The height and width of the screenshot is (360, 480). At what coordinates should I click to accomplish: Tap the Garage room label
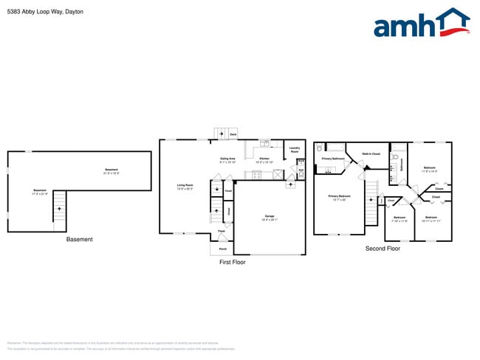pyautogui.click(x=270, y=217)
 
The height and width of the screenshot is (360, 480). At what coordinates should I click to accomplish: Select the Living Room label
pyautogui.click(x=185, y=186)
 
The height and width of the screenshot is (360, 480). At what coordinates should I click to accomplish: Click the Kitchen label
pyautogui.click(x=264, y=159)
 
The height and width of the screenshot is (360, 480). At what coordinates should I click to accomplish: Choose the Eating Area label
pyautogui.click(x=227, y=159)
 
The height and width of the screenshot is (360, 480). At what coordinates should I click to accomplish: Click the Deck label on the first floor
pyautogui.click(x=233, y=134)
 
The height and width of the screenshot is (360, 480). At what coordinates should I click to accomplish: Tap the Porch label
pyautogui.click(x=222, y=249)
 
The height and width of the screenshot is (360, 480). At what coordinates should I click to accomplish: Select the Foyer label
pyautogui.click(x=222, y=232)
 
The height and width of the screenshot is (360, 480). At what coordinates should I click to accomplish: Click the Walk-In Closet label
pyautogui.click(x=371, y=153)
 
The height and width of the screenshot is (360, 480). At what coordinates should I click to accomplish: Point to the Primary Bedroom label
pyautogui.click(x=339, y=197)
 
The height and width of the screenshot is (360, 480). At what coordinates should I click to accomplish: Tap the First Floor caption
pyautogui.click(x=232, y=262)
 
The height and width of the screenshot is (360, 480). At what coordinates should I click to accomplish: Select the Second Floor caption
pyautogui.click(x=383, y=249)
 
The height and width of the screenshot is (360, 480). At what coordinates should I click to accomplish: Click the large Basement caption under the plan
pyautogui.click(x=80, y=239)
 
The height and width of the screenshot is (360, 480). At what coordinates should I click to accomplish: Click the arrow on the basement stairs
pyautogui.click(x=58, y=210)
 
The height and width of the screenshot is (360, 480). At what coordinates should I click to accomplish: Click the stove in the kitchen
pyautogui.click(x=257, y=175)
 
